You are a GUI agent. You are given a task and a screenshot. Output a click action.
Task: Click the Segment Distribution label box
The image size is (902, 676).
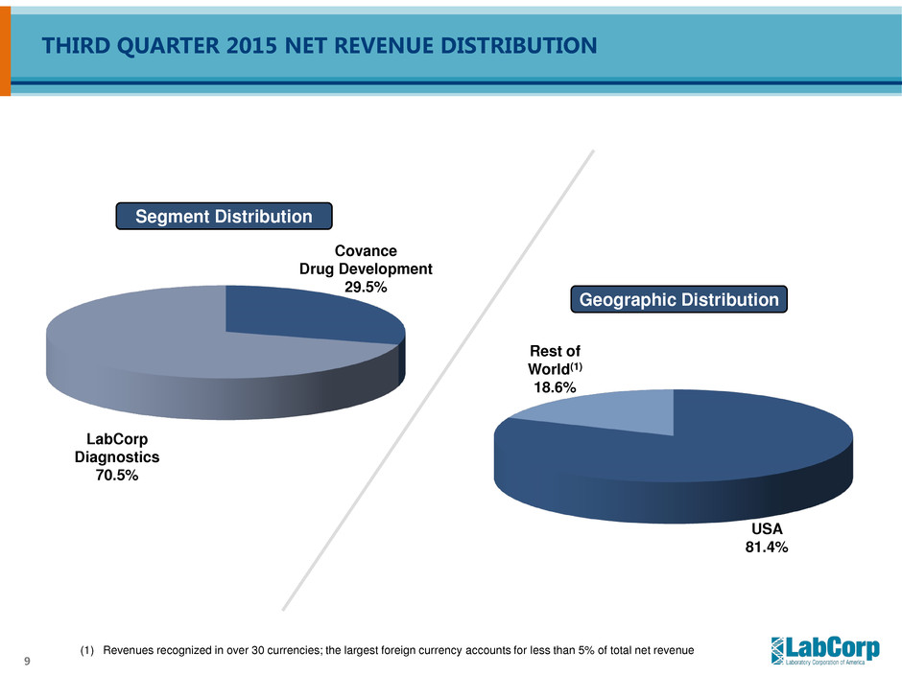(224, 217)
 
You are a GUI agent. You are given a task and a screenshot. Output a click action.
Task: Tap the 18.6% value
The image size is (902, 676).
(555, 387)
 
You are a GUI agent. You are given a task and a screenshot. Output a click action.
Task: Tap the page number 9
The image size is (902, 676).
(25, 660)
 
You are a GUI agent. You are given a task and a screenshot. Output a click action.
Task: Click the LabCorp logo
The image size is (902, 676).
(824, 650)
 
